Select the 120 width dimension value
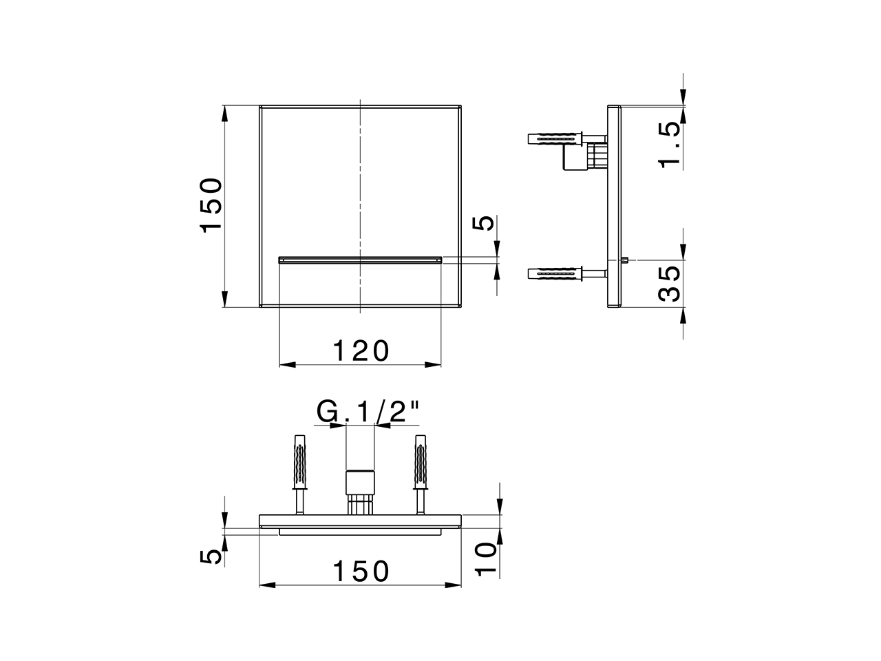tap(361, 351)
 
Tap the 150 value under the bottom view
tap(361, 571)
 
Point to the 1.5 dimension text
tap(669, 145)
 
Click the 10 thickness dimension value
tap(486, 558)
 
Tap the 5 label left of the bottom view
tap(215, 556)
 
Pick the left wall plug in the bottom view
tap(299, 462)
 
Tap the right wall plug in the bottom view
tap(420, 462)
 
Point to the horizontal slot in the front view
tap(360, 260)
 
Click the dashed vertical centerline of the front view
tap(360, 179)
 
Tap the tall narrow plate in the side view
tap(614, 207)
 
